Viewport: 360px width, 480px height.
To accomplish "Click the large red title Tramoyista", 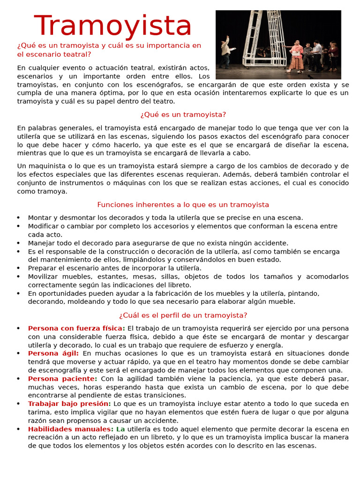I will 113,26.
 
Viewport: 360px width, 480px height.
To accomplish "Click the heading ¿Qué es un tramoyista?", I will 183,114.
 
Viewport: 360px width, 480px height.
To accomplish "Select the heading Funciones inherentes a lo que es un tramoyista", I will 183,204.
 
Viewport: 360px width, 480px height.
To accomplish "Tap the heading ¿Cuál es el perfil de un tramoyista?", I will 183,315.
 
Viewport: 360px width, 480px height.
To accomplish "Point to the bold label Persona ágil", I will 53,353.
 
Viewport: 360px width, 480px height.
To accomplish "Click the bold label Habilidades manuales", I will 70,429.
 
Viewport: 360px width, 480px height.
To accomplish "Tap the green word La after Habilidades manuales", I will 120,429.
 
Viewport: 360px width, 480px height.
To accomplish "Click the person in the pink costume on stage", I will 297,56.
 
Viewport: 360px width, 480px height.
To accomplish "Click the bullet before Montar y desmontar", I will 18,217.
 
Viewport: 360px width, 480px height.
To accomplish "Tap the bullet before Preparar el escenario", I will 18,268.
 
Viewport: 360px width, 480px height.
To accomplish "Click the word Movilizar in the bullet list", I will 43,277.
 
